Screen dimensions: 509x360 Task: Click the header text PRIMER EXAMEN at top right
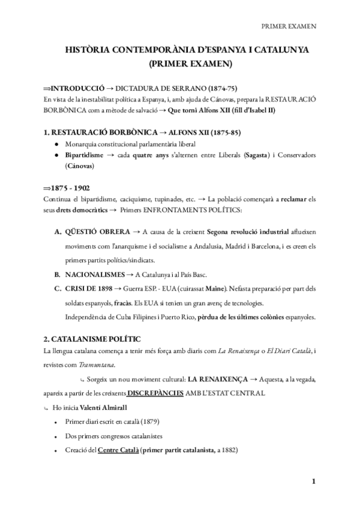coord(289,26)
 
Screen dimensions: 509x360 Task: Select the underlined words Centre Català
coord(117,451)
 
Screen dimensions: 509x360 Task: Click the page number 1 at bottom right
coord(313,481)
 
